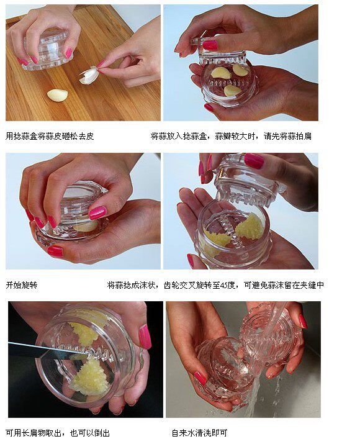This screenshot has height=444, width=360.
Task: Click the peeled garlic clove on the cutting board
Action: [x=58, y=95]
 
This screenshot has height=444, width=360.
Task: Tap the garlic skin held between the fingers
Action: [x=89, y=75]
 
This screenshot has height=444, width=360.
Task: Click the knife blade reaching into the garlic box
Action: [x=48, y=349]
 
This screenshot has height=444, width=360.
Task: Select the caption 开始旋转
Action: [x=22, y=285]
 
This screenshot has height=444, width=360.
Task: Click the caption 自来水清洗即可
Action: [x=199, y=433]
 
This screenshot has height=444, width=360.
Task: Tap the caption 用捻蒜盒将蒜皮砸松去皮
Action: [x=50, y=136]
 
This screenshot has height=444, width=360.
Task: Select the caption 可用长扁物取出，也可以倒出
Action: [x=58, y=433]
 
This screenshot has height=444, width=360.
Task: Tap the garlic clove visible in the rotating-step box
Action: [x=86, y=225]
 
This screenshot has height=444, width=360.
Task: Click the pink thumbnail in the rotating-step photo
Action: [x=97, y=212]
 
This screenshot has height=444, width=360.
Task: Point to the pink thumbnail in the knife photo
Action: [x=145, y=337]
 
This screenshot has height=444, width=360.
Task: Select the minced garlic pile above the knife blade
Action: [x=84, y=333]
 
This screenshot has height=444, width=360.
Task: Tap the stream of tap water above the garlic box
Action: [x=276, y=317]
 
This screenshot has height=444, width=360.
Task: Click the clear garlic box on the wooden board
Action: [x=48, y=50]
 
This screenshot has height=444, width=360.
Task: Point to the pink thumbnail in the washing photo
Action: [x=200, y=378]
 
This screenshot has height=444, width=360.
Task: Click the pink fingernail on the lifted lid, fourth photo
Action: [x=254, y=161]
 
